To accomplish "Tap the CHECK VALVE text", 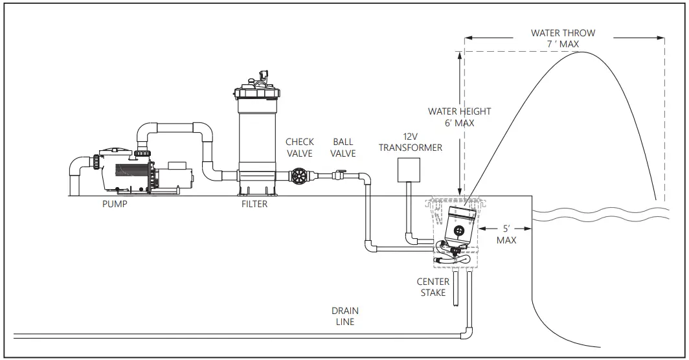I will tap(299, 148).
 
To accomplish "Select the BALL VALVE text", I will tap(344, 148).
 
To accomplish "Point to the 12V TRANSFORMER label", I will tap(411, 142).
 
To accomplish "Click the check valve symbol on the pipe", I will tap(299, 175).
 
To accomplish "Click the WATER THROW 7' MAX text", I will tap(563, 38).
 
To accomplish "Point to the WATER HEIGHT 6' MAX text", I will tap(459, 117).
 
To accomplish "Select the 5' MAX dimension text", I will tap(507, 234).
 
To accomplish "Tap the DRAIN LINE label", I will tap(345, 316).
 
